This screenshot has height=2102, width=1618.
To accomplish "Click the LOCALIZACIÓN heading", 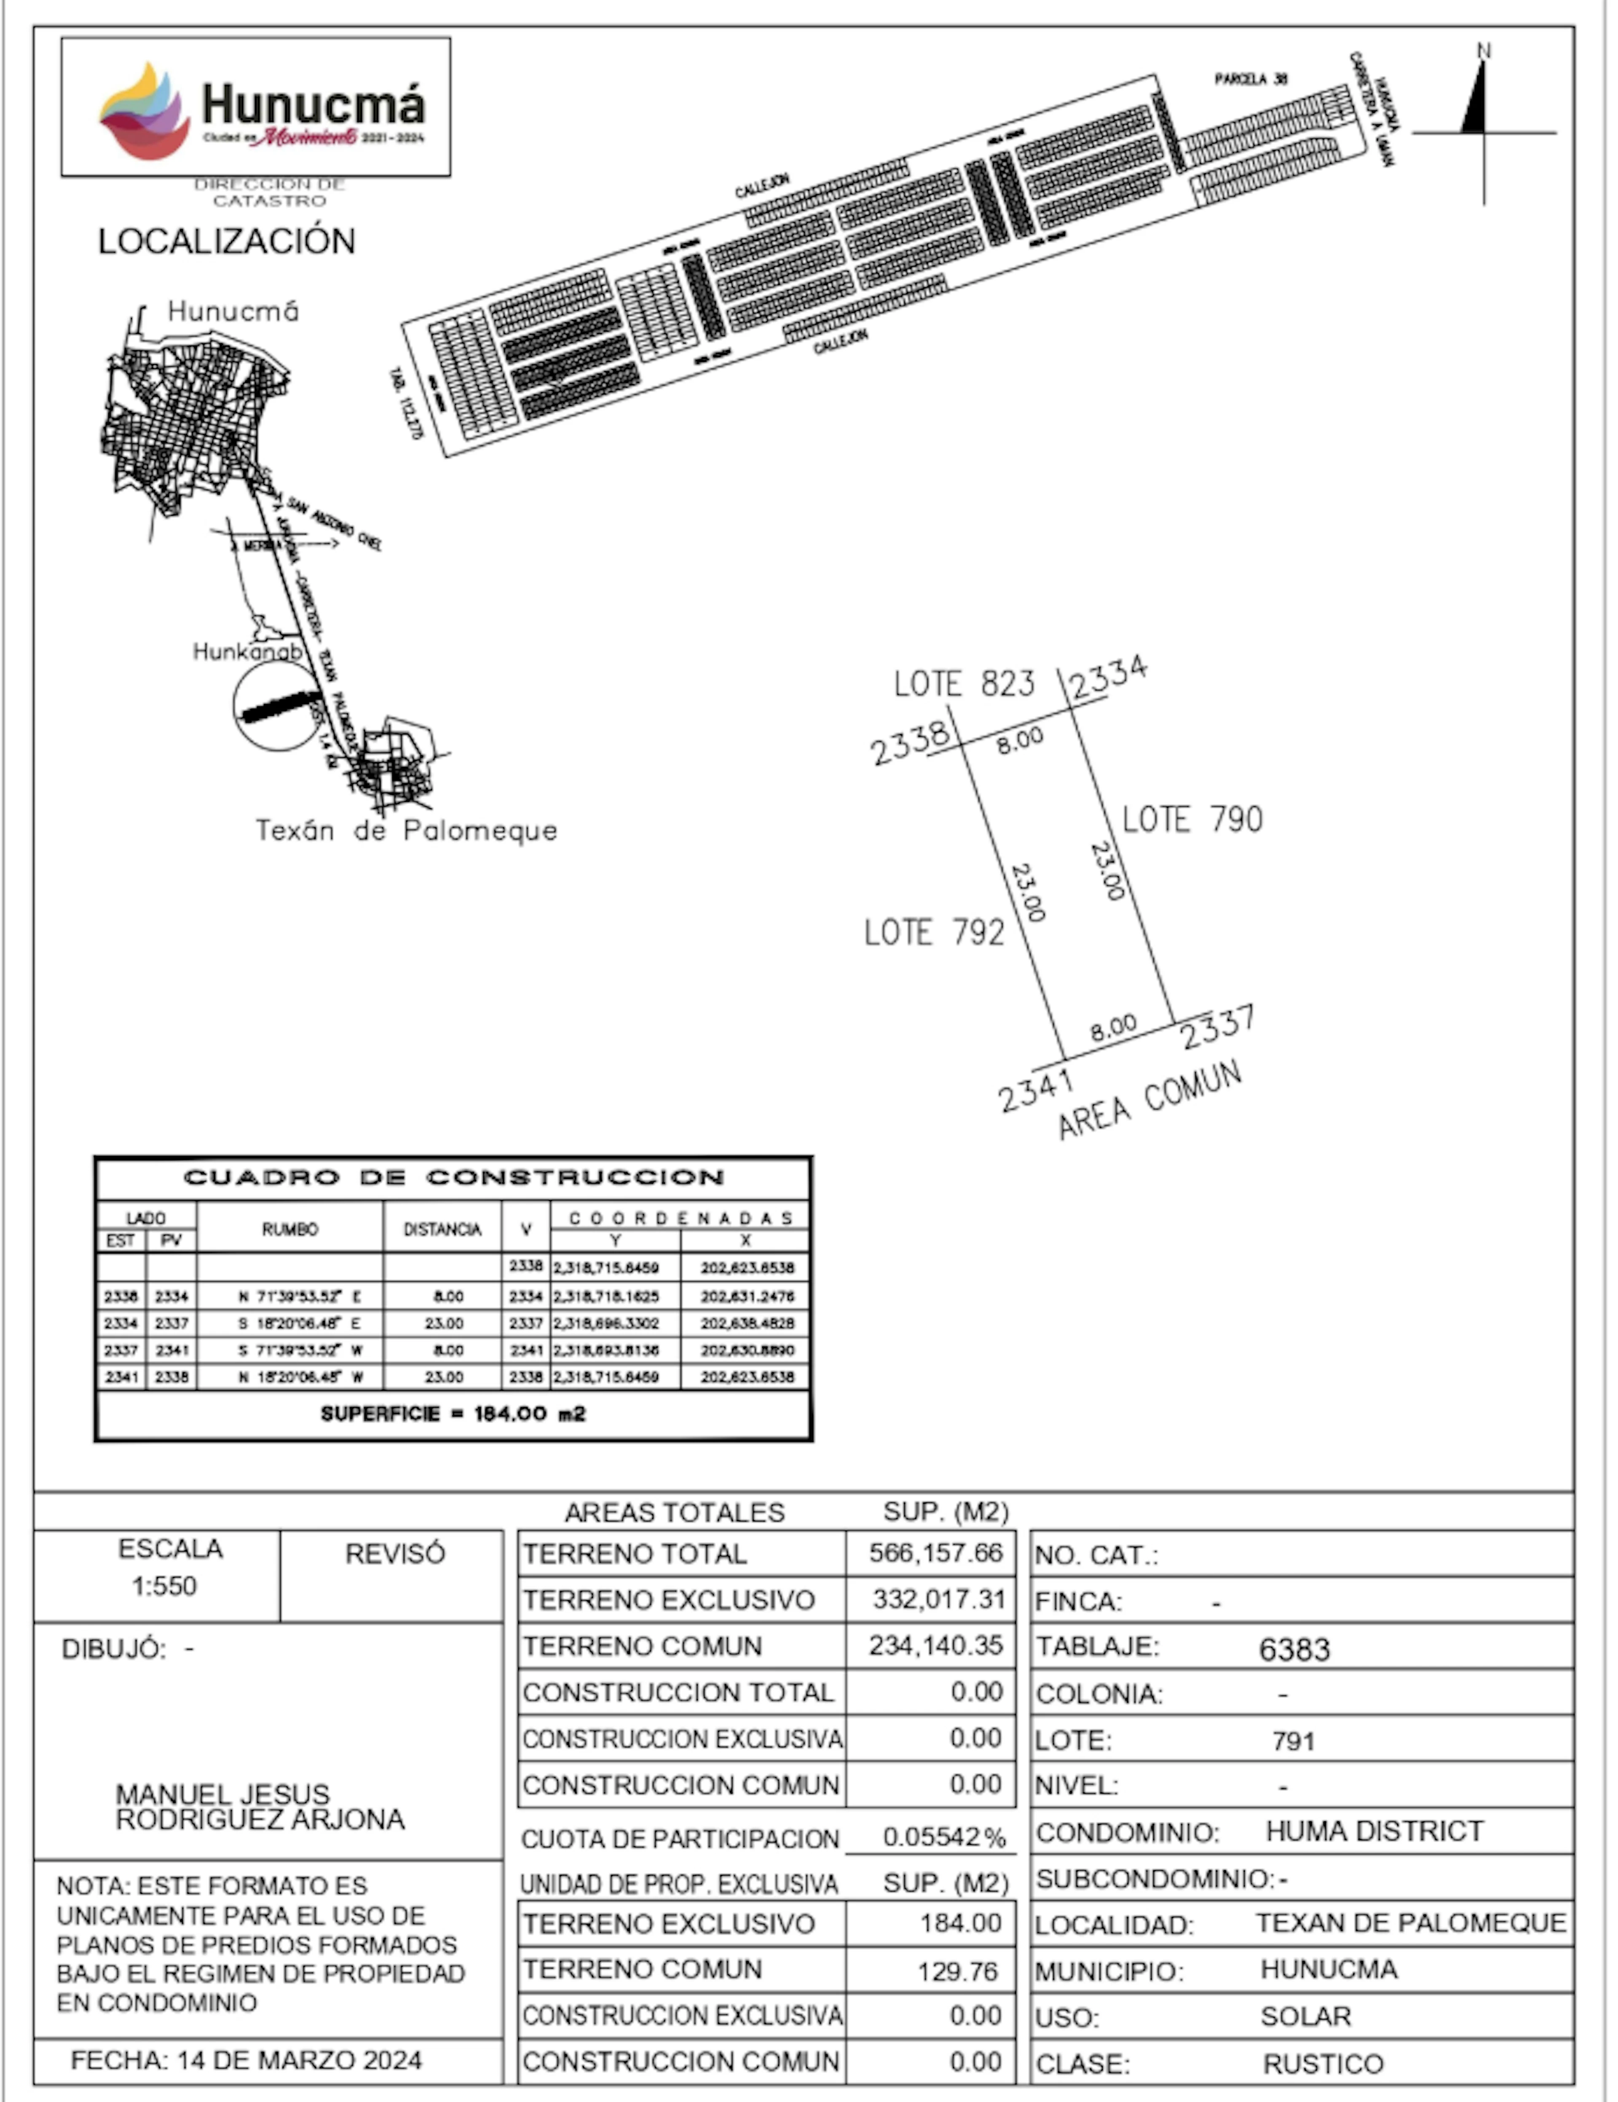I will click(226, 241).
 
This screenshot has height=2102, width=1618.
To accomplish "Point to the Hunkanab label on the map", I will click(247, 651).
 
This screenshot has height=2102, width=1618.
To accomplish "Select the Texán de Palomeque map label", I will click(406, 830).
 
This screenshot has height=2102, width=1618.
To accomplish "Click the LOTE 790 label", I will click(1192, 819).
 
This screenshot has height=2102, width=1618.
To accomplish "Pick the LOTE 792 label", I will click(934, 932).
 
